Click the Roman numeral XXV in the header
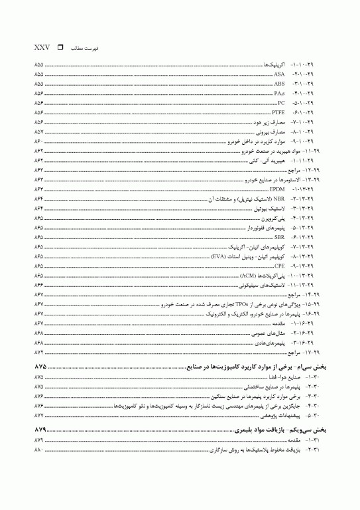click(x=40, y=48)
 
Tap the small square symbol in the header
click(x=61, y=48)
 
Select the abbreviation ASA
click(x=279, y=74)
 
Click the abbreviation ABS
click(x=279, y=84)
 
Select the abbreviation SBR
click(x=279, y=237)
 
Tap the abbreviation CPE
click(x=279, y=266)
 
